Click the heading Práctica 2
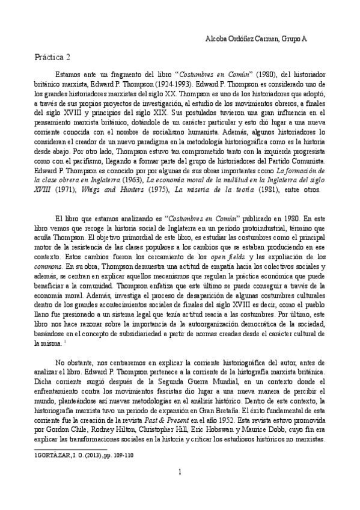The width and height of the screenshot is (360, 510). (52, 58)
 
